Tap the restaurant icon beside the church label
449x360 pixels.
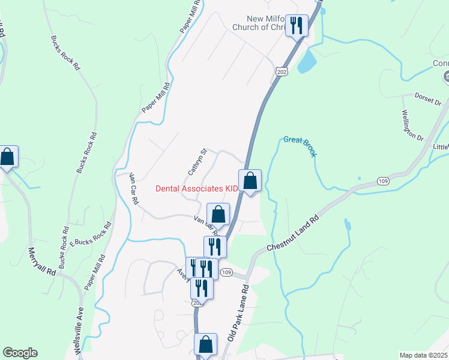pos(296,25)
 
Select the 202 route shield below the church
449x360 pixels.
pos(282,71)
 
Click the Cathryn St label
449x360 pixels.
pos(197,162)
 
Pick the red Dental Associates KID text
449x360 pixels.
pos(196,188)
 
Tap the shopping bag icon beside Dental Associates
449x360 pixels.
pos(250,180)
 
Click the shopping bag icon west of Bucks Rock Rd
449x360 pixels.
pos(7,157)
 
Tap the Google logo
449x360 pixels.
pos(20,353)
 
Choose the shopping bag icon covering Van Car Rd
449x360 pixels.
pos(218,214)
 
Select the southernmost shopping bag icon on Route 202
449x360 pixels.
pos(205,345)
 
